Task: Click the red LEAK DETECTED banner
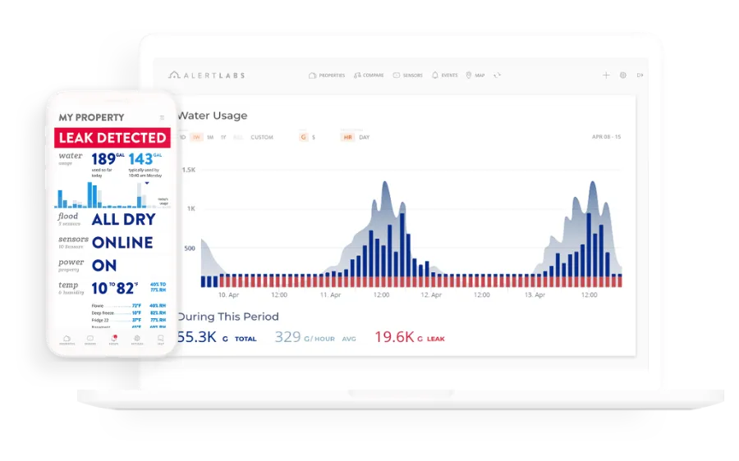(112, 138)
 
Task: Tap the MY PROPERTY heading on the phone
(91, 117)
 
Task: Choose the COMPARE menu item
(369, 75)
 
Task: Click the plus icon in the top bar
(606, 75)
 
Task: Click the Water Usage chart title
(212, 116)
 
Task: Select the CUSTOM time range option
(262, 137)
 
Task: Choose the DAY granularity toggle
(365, 137)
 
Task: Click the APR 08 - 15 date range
(606, 137)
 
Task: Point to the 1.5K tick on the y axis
(188, 170)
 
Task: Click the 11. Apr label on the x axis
(330, 294)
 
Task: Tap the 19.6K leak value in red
(394, 336)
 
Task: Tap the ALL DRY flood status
(122, 219)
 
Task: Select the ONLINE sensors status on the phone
(122, 242)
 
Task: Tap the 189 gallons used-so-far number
(103, 158)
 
